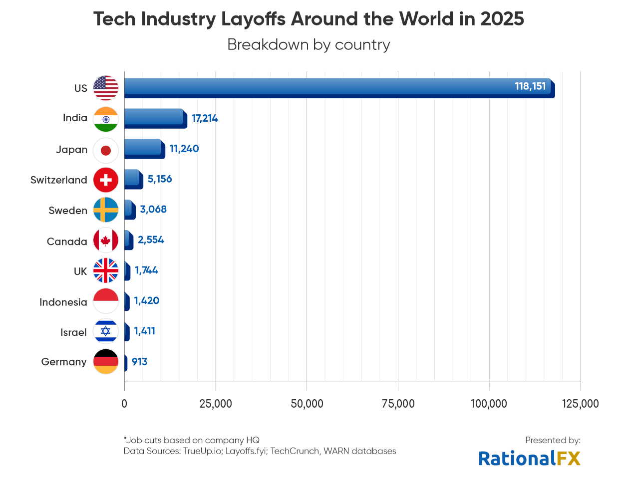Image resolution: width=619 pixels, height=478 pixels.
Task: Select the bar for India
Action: [x=155, y=118]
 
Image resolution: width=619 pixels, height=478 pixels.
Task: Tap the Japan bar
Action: [x=144, y=149]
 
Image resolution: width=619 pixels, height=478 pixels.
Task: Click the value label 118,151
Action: [x=530, y=86]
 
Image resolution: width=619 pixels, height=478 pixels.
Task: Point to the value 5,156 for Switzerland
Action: [x=160, y=179]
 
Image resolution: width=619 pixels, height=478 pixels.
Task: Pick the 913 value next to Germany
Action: [x=140, y=362]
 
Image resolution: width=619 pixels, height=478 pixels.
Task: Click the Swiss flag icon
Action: [x=106, y=180]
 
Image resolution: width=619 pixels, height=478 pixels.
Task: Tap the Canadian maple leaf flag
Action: [x=106, y=241]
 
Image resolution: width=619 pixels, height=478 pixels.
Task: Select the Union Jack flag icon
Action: [x=106, y=271]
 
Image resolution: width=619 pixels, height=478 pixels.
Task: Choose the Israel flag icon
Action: [x=106, y=331]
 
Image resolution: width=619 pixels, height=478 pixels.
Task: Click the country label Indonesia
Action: [x=63, y=302]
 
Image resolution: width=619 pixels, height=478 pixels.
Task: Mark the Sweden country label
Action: [x=68, y=211]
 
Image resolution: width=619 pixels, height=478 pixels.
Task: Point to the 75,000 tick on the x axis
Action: [x=398, y=404]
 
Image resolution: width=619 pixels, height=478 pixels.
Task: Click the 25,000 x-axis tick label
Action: [x=216, y=404]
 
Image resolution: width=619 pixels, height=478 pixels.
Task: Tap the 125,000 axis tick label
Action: [x=580, y=404]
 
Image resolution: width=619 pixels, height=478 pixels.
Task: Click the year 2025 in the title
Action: [x=502, y=19]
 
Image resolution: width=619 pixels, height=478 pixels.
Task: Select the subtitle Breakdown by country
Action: [x=309, y=45]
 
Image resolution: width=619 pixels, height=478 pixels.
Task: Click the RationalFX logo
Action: [x=529, y=458]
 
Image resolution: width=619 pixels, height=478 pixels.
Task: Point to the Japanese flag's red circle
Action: [x=106, y=150]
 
